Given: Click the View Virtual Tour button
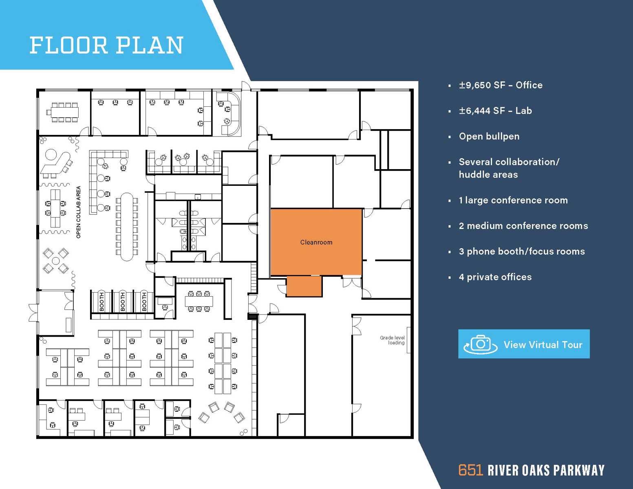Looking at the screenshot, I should pos(524,344).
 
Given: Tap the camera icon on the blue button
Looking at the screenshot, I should pos(481,344).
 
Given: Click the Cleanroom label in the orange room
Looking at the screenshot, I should pos(316,242).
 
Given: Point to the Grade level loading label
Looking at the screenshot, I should pos(392,340).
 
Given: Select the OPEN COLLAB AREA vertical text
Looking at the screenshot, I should pos(79,212).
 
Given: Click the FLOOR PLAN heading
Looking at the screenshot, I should pos(106,45).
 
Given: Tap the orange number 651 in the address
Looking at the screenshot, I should pos(470,470).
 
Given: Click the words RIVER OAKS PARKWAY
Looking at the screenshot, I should pos(546,470).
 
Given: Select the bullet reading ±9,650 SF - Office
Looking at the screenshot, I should pos(501,85).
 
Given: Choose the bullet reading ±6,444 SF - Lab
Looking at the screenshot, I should pos(495,111).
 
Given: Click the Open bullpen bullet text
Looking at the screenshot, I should pos(489,137).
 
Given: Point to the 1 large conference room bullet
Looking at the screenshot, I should pos(513,200).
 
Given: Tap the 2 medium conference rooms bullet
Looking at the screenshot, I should pos(523,226).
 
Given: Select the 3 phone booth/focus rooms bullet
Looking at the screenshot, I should pos(522,251).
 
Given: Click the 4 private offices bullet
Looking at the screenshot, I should pos(495,277).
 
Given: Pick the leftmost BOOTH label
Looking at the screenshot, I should pos(102,302).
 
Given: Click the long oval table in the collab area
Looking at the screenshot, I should pos(127,227).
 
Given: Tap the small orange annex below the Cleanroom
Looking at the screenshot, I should pos(304,286).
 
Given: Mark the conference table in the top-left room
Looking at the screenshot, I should pos(64,112).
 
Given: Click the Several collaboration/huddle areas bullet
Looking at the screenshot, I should pos(509,168).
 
